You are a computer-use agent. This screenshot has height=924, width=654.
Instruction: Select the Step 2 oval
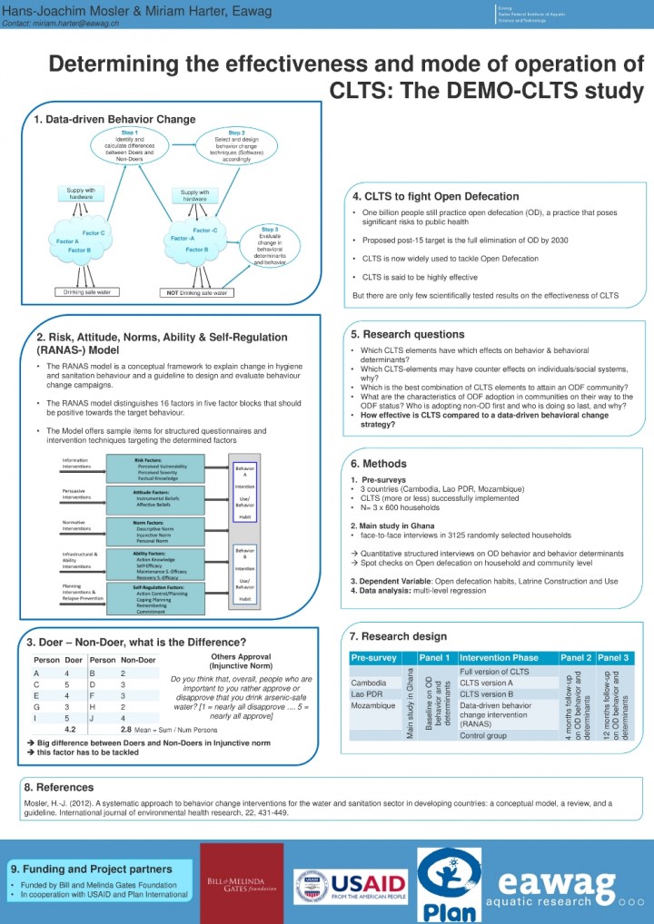pyautogui.click(x=237, y=145)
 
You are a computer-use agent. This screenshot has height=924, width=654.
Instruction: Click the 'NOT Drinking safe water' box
pyautogui.click(x=197, y=293)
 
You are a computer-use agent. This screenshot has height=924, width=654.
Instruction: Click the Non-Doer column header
pyautogui.click(x=138, y=659)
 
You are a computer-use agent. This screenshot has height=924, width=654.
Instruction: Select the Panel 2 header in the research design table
pyautogui.click(x=575, y=656)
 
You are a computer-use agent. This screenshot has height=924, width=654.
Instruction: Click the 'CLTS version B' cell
pyautogui.click(x=487, y=693)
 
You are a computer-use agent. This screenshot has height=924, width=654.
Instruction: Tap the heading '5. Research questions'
pyautogui.click(x=408, y=334)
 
